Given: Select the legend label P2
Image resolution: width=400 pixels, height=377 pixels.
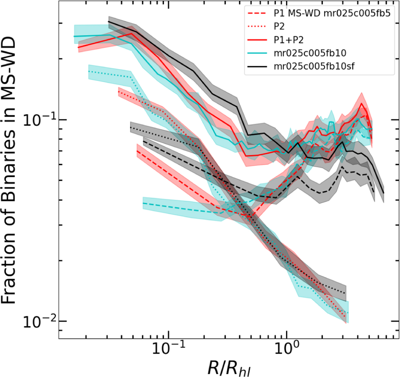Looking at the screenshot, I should [x=279, y=27].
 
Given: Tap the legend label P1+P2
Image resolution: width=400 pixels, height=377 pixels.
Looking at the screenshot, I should [x=288, y=40].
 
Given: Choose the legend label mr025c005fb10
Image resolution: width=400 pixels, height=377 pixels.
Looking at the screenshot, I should [x=310, y=53].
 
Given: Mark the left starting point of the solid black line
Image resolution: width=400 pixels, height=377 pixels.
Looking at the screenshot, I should [x=109, y=21].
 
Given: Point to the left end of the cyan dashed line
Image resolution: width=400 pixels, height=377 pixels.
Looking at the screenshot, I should [x=143, y=203].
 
